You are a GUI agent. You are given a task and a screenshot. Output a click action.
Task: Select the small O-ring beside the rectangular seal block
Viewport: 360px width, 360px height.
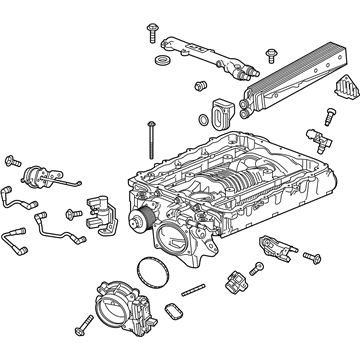(x=205, y=121)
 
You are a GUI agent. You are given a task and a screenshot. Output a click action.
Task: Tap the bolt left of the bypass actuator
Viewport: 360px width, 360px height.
(x=13, y=159)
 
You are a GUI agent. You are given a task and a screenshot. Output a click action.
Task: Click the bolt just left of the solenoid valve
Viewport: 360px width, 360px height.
(x=72, y=213)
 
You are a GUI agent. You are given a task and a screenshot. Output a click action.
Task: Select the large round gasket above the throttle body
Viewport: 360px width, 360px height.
(x=150, y=269)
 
